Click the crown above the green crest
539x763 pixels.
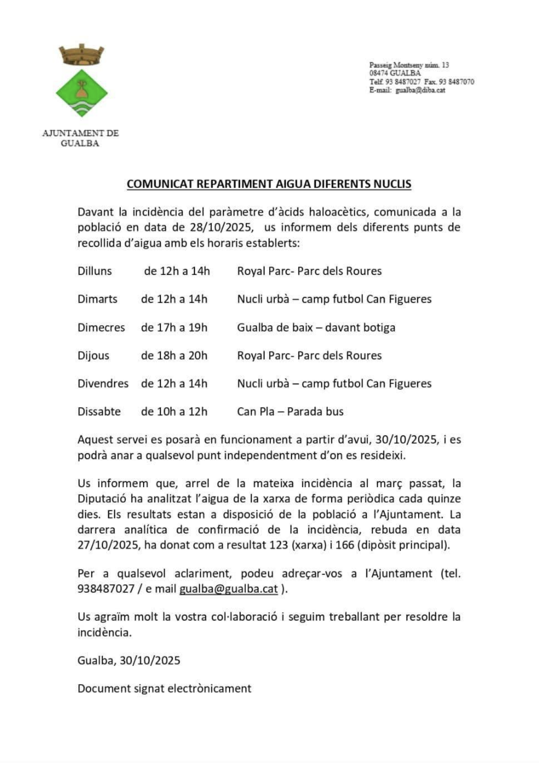click(81, 55)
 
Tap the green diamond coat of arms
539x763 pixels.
click(82, 93)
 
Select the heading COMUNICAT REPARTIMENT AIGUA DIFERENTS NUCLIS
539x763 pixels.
click(269, 184)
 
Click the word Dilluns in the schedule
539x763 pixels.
click(94, 271)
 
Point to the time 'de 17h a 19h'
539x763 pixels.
click(174, 328)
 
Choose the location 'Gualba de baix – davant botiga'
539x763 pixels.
click(316, 328)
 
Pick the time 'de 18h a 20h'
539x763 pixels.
click(174, 356)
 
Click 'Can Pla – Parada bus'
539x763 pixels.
click(290, 412)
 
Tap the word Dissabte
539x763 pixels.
click(99, 412)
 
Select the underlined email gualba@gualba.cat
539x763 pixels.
click(228, 589)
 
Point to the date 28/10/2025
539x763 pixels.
click(221, 227)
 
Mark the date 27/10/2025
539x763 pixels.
click(109, 545)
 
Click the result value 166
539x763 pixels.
click(344, 545)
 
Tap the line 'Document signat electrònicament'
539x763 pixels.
click(164, 689)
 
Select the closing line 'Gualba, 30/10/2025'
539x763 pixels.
click(129, 660)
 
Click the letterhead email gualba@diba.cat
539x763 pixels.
click(420, 90)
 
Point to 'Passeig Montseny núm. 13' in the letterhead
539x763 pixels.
click(409, 65)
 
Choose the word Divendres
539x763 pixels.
click(103, 384)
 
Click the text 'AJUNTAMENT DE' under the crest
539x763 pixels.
click(80, 133)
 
